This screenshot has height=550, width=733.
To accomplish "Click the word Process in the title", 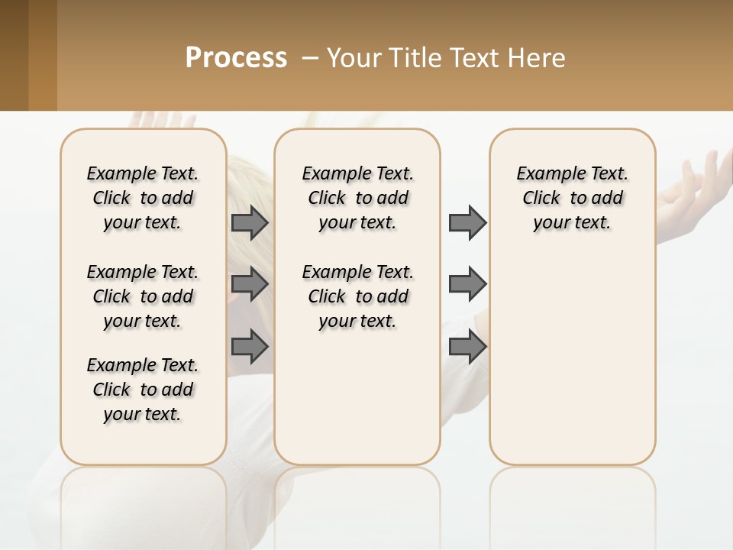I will pyautogui.click(x=236, y=58).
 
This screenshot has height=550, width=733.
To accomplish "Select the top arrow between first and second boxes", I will pyautogui.click(x=250, y=223).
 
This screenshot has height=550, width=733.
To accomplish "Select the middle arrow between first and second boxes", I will pyautogui.click(x=250, y=284).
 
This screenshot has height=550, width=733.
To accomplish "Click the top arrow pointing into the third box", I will pyautogui.click(x=467, y=223).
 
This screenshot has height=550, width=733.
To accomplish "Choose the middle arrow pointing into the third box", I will pyautogui.click(x=467, y=284).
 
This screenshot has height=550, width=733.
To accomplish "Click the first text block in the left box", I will pyautogui.click(x=143, y=198).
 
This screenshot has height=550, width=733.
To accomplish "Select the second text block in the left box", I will pyautogui.click(x=143, y=296).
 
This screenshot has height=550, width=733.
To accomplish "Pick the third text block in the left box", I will pyautogui.click(x=143, y=390).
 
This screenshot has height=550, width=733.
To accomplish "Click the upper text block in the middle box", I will pyautogui.click(x=357, y=198).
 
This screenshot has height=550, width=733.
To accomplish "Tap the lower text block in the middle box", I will pyautogui.click(x=357, y=296).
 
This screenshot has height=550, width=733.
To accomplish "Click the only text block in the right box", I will pyautogui.click(x=572, y=198).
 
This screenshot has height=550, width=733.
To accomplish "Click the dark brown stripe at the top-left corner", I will pyautogui.click(x=14, y=55).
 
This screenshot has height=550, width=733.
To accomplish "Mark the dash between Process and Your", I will pyautogui.click(x=309, y=58).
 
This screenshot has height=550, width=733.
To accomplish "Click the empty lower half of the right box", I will pyautogui.click(x=572, y=367).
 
